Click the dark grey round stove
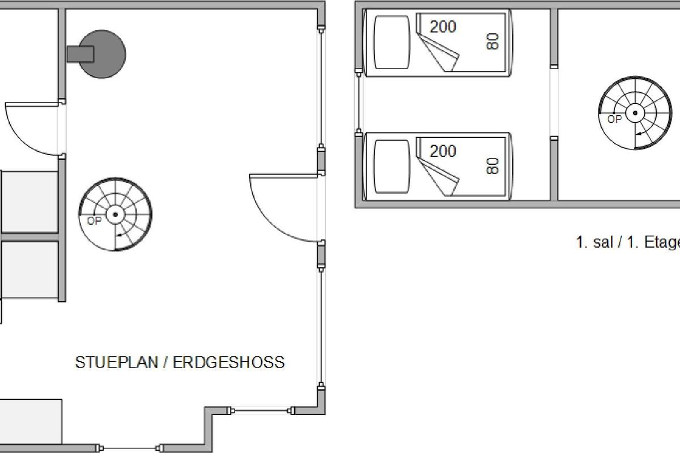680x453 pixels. point(103,54)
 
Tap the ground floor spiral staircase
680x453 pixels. point(116,215)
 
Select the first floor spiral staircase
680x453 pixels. point(635,113)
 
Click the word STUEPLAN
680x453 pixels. point(117,362)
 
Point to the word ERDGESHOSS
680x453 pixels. point(229,362)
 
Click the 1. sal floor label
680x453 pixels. point(594,242)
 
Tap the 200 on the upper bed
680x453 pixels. point(443,27)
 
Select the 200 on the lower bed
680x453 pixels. point(443,151)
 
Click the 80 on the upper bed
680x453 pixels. point(492,41)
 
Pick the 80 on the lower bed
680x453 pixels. point(492,166)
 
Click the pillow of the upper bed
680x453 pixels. point(392,42)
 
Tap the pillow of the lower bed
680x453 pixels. point(392,166)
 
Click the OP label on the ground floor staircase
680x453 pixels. point(94,221)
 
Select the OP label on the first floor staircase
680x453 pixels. point(614,119)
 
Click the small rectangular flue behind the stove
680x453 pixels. point(80,54)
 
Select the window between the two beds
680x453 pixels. point(359,103)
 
